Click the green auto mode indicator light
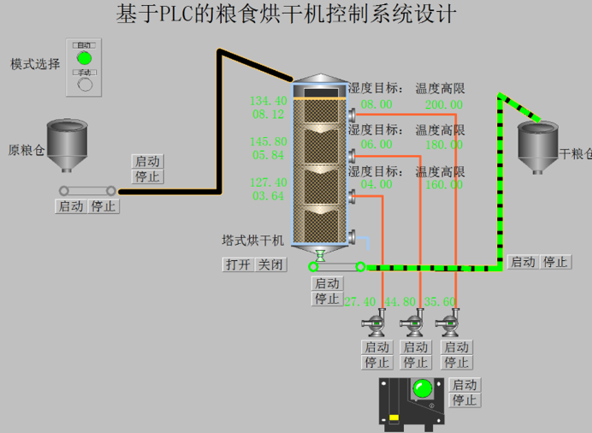click(x=84, y=57)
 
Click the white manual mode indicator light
click(x=84, y=85)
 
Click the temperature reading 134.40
click(x=269, y=101)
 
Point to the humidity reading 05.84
click(x=269, y=156)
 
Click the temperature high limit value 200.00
click(x=443, y=104)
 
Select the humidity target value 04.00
click(x=376, y=185)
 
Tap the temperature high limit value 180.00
click(x=443, y=145)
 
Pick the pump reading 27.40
click(x=360, y=301)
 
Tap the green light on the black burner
click(x=421, y=390)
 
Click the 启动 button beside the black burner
click(x=465, y=385)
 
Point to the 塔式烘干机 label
click(x=254, y=241)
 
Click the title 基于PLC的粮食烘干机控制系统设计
click(x=286, y=15)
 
